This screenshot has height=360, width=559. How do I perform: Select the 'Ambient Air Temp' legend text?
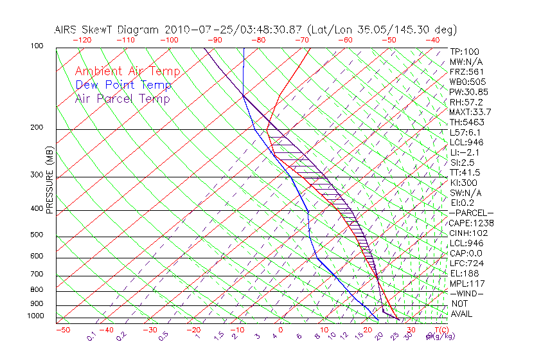click(127, 71)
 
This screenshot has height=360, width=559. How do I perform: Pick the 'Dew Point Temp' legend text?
click(123, 85)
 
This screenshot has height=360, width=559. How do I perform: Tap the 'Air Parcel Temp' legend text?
click(122, 98)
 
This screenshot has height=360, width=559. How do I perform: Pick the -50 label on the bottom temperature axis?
click(62, 330)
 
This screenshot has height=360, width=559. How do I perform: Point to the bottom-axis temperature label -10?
click(236, 330)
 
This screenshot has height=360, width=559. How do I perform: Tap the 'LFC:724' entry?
click(465, 263)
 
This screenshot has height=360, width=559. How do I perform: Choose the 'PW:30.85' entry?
click(468, 91)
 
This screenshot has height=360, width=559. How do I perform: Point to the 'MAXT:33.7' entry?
click(470, 112)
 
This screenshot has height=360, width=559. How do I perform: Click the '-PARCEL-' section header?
click(471, 213)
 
